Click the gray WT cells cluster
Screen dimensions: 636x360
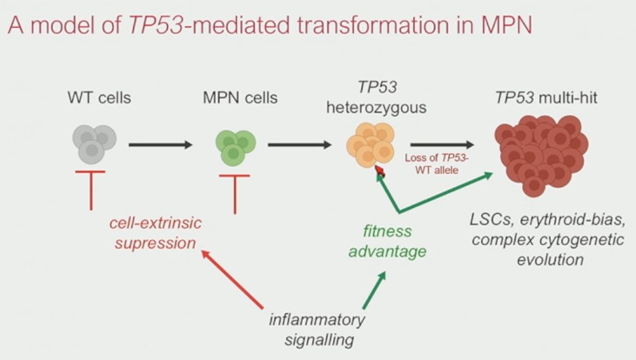pos(94,144)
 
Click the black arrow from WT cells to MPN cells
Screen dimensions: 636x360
pos(160,145)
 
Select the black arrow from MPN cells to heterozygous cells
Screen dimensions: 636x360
pos(300,145)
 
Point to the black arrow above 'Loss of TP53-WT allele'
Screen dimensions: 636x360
pos(442,145)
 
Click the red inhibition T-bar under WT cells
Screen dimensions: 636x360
pos(91,190)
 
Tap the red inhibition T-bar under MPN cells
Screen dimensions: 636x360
pos(235,194)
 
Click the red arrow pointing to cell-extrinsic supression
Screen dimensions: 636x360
pos(232,279)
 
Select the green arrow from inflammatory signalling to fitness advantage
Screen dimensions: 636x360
pos(374,290)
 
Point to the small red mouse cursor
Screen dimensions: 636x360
pos(380,171)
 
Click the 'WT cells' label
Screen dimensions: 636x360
pos(99,98)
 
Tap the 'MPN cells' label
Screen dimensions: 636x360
pos(240,98)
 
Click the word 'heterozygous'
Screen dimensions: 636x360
pos(376,108)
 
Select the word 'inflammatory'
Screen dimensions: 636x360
pos(317,320)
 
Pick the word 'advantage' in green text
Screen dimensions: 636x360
pos(387,252)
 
